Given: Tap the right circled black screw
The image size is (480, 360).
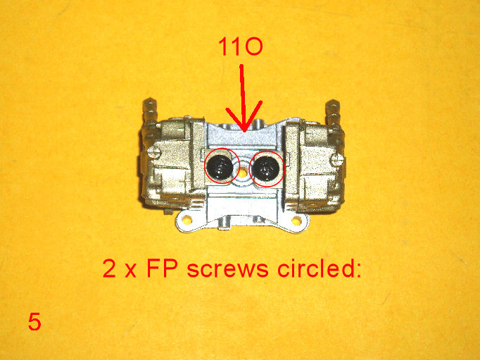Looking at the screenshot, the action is tap(265, 168).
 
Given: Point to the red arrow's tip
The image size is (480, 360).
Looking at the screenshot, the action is tap(244, 131).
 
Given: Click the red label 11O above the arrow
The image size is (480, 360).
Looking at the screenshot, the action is tap(240, 47).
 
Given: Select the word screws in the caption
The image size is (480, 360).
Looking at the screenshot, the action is tap(227, 268).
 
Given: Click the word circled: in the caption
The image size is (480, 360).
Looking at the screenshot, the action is tap(320, 268).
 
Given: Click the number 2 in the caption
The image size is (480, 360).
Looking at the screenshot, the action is tap(109, 268).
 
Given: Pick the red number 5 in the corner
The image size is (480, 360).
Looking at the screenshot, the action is tap(34, 321).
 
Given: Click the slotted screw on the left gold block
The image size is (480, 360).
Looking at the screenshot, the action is tap(153, 152).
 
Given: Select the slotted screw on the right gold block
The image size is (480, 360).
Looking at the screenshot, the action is tap(338, 159).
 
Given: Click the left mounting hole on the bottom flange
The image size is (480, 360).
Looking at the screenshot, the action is tap(187, 219).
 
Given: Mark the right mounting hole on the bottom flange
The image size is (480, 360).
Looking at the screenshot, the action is tap(297, 221).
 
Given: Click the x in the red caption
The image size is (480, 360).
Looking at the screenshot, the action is tap(131, 271).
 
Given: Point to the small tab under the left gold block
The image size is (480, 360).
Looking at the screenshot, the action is tap(167, 211).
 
